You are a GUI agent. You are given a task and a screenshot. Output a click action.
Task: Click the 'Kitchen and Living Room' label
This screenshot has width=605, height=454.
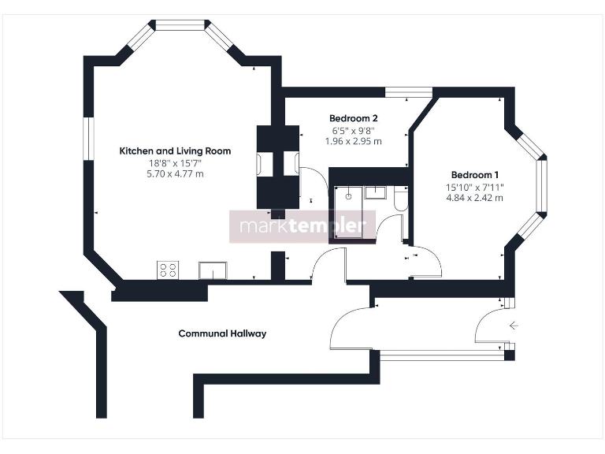point(175,151)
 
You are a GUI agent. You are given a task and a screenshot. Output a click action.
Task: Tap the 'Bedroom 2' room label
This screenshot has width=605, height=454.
point(347,118)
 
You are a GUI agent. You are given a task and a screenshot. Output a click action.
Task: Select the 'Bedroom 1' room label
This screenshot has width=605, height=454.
point(474,174)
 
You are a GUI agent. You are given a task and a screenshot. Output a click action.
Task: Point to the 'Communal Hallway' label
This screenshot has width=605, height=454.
point(222,333)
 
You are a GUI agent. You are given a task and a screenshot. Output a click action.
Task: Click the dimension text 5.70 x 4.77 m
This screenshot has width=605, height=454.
point(175,173)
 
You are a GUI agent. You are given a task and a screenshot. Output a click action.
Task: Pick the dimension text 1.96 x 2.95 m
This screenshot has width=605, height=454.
point(353,142)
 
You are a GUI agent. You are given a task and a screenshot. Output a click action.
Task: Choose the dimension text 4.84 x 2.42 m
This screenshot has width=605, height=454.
point(474,198)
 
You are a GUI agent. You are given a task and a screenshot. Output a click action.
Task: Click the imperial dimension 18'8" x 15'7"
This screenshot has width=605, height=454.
point(175,162)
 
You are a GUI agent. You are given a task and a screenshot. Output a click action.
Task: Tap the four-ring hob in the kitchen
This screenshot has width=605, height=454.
point(168,270)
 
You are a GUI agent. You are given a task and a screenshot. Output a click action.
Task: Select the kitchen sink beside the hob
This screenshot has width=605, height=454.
point(213,270)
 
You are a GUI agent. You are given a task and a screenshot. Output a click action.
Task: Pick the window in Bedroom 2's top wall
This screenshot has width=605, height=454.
point(413,93)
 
